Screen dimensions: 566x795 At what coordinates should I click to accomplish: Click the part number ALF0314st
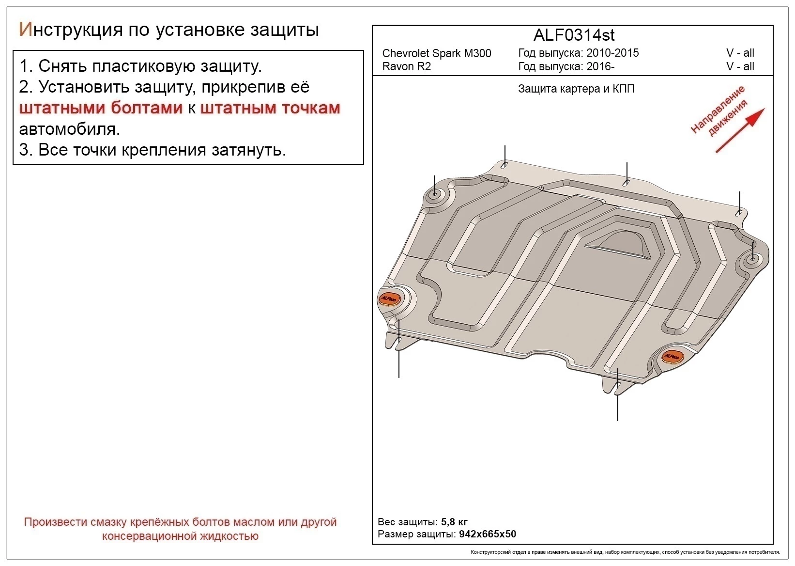(x=574, y=35)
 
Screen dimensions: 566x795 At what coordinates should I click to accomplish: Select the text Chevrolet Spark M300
(x=436, y=53)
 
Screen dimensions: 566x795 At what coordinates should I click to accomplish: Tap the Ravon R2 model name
(x=406, y=66)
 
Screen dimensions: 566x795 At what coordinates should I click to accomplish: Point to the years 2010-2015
(x=612, y=53)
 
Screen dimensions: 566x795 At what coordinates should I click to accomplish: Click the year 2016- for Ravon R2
(x=600, y=66)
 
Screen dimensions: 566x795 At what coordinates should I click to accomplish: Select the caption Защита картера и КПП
(x=576, y=89)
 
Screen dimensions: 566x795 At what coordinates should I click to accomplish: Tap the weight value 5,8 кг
(x=454, y=522)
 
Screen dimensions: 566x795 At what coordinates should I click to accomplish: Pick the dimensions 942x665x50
(x=488, y=534)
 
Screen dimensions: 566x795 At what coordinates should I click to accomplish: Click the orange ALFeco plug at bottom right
(x=672, y=357)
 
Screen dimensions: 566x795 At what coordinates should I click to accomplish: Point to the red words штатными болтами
(x=101, y=108)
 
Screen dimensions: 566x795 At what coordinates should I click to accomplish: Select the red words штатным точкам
(x=270, y=108)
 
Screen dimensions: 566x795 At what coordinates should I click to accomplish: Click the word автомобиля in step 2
(x=69, y=129)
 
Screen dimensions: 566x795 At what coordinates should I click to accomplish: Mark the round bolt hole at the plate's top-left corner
(x=435, y=195)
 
